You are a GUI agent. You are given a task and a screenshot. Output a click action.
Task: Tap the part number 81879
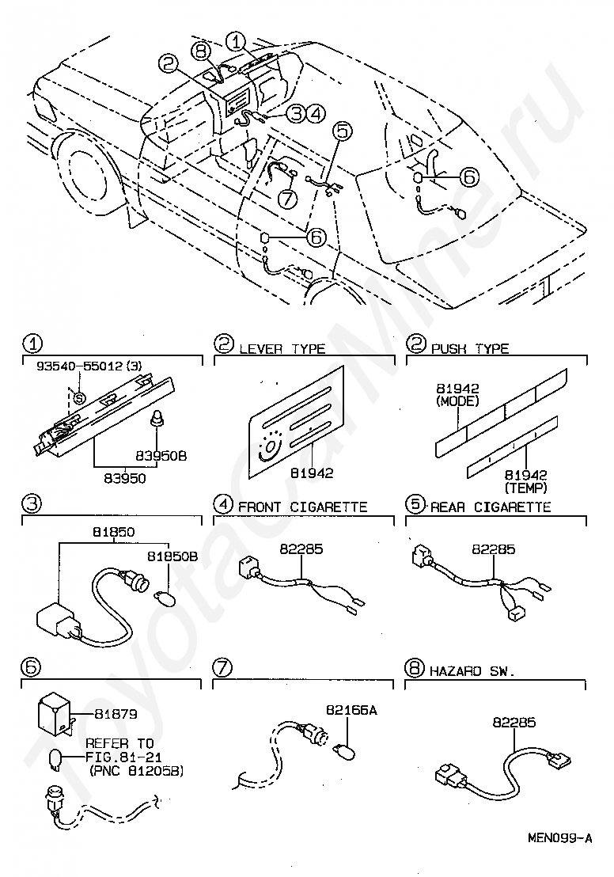pyautogui.click(x=116, y=713)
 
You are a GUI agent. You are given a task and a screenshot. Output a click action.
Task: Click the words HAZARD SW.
pyautogui.click(x=472, y=670)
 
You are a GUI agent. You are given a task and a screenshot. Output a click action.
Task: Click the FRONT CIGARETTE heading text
pyautogui.click(x=302, y=507)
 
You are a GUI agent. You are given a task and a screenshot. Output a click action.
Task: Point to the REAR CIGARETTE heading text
pyautogui.click(x=491, y=507)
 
